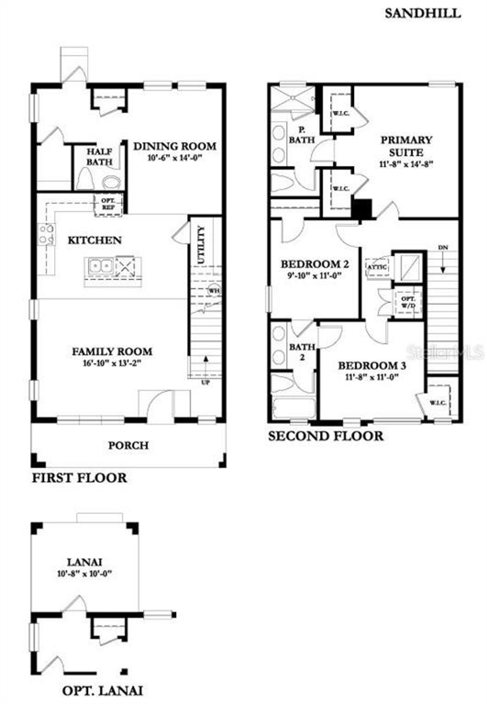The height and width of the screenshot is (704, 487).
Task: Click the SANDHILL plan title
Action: [x=422, y=13]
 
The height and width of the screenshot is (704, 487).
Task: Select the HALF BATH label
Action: [x=99, y=157]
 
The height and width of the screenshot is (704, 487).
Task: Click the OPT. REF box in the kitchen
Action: [x=108, y=204]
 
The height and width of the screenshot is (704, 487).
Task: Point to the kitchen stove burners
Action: [x=46, y=234]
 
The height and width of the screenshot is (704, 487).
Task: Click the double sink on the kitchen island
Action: [x=100, y=265]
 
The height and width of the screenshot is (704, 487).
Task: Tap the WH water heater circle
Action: [x=213, y=290]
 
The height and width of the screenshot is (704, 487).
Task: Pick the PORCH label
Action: [x=128, y=445]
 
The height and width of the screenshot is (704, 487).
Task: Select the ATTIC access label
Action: [x=377, y=267]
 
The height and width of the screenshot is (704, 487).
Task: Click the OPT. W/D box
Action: [x=408, y=302]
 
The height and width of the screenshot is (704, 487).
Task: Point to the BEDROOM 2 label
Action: [x=315, y=264]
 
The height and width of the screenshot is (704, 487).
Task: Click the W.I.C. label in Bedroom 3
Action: [x=438, y=403]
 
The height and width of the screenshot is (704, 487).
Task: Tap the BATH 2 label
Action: [x=302, y=352]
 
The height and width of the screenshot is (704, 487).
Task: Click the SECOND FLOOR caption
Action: [x=326, y=436]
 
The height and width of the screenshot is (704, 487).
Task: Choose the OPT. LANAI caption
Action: [x=103, y=691]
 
